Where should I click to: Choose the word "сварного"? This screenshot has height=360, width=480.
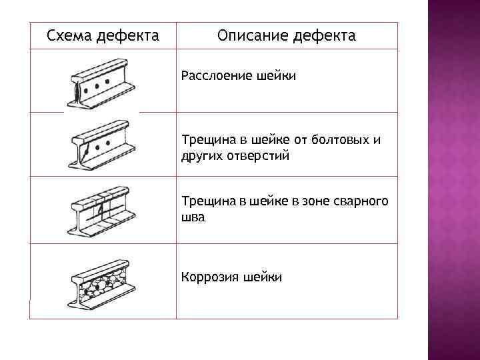pos(363,201)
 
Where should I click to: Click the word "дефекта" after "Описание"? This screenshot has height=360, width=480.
pos(323,35)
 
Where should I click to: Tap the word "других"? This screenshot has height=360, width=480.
pos(199,155)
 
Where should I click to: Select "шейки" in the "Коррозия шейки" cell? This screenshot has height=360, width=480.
pos(263,277)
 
